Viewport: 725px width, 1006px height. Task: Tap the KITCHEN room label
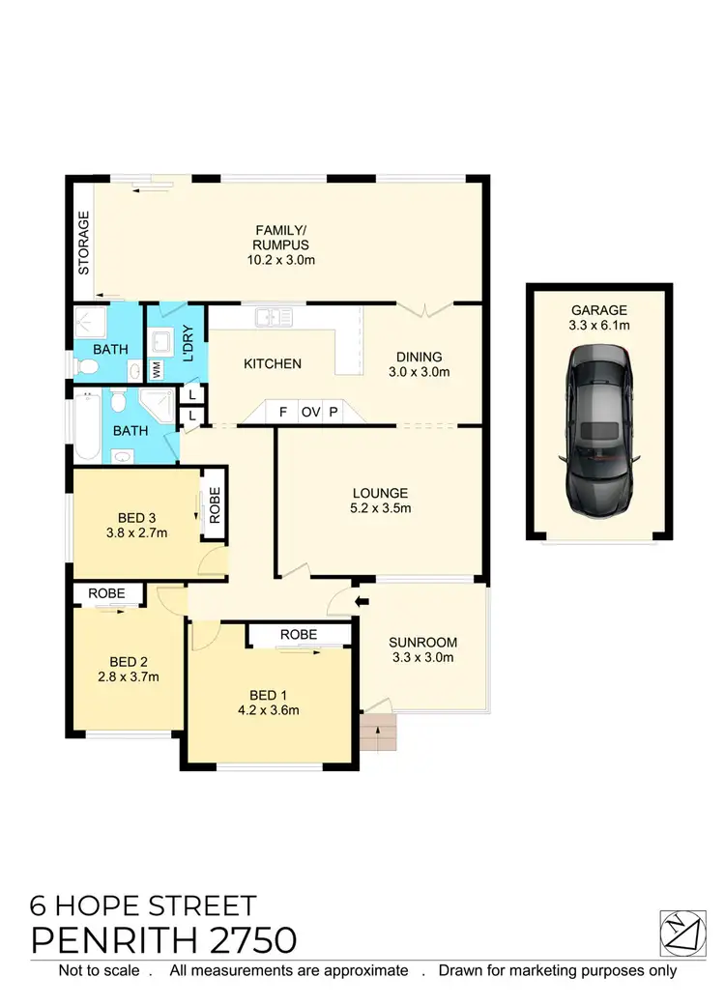273,364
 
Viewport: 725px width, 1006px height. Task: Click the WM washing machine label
157,369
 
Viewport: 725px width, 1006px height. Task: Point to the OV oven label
310,412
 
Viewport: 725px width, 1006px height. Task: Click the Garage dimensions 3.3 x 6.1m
599,326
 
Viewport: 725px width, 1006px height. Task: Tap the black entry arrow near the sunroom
362,603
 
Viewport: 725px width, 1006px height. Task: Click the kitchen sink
274,315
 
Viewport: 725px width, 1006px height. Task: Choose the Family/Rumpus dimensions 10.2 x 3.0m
281,260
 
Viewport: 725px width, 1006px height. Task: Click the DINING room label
418,357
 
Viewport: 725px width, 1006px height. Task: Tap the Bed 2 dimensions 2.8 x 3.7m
128,676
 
